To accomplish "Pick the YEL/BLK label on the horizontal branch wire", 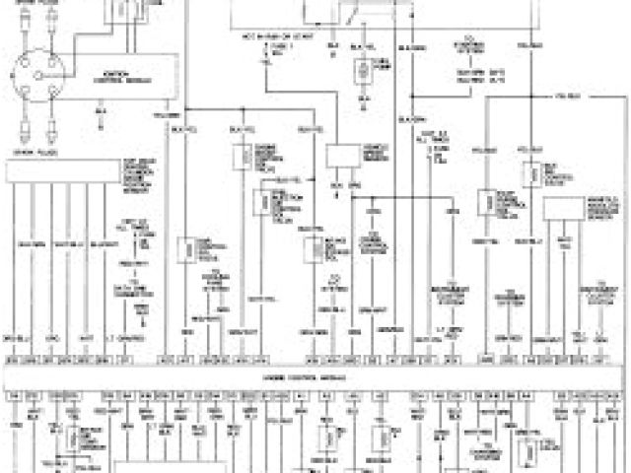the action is tap(568, 97).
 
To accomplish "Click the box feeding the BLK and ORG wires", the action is tap(343, 157).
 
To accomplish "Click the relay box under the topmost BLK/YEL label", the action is tap(363, 70).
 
